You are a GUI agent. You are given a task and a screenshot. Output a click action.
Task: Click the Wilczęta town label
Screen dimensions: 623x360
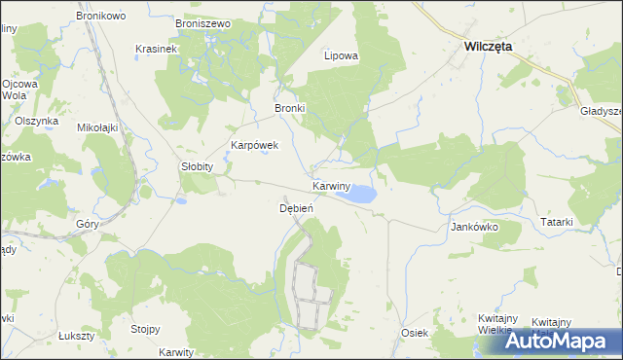[x=489, y=46]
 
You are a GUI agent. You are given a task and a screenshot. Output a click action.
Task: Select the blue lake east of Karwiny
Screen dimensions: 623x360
[x=358, y=195]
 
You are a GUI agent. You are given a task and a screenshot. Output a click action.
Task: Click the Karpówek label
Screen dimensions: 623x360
[x=254, y=145]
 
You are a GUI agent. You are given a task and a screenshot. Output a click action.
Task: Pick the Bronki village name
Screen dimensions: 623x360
[x=290, y=108]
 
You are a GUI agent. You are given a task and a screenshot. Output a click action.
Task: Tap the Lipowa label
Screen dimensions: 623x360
[x=341, y=55]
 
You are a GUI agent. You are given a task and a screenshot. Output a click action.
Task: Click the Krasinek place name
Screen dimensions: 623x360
[x=156, y=49]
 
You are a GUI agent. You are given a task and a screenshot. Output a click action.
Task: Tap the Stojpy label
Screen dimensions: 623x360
[x=145, y=329]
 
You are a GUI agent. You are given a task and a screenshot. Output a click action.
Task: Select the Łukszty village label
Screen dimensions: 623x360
[x=76, y=335]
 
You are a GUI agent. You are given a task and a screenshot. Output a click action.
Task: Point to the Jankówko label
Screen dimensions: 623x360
[x=474, y=227]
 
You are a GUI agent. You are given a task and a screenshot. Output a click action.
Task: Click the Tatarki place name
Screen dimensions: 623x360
[x=556, y=223]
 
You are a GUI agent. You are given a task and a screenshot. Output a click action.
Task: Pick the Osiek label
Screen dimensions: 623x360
[x=415, y=333]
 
